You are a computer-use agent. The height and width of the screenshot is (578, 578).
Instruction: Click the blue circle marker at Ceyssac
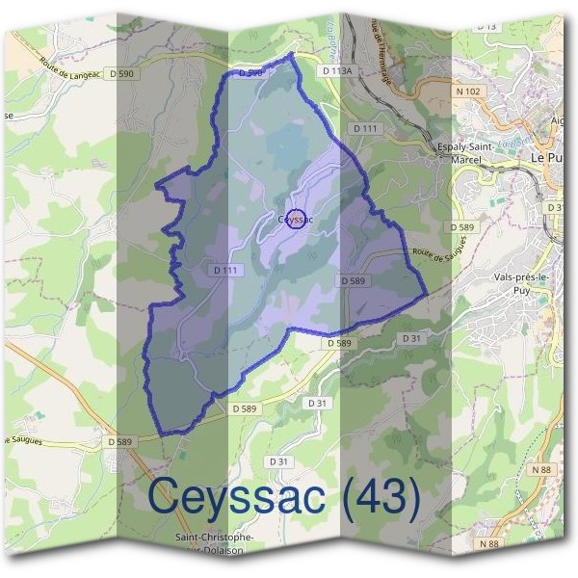point(297,219)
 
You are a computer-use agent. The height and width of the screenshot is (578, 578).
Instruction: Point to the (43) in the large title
point(376,498)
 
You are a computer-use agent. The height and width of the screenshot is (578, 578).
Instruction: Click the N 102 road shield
point(469,92)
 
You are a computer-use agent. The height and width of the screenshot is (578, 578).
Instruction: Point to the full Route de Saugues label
point(438,254)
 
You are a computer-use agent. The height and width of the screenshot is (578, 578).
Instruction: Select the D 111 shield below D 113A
point(365,128)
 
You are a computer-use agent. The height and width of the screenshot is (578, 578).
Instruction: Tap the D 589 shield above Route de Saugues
point(461,227)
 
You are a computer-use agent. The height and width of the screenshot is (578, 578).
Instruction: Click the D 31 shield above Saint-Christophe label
point(279,461)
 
